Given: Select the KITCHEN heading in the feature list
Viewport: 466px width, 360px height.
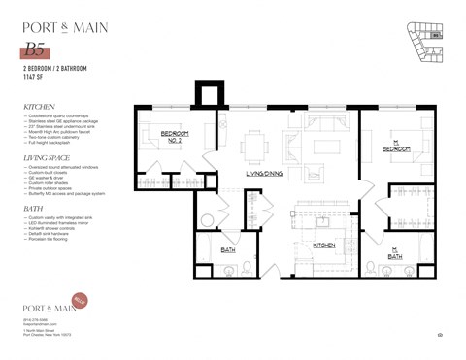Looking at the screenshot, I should click(41, 107).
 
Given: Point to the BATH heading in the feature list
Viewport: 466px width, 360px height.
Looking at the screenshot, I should click(33, 207).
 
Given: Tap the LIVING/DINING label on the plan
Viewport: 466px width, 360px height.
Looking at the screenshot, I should click(265, 174).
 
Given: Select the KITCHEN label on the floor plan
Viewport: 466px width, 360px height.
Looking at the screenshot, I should click(324, 245).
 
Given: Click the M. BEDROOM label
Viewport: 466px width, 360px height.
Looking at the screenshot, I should click(396, 146).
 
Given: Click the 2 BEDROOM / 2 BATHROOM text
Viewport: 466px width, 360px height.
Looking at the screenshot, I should click(54, 70).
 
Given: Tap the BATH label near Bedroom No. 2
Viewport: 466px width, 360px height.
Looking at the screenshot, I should click(228, 250).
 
